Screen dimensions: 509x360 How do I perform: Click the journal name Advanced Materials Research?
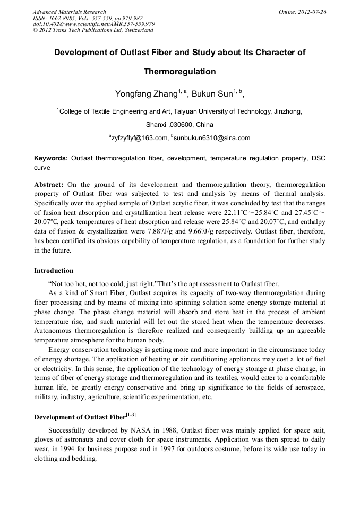click(69, 12)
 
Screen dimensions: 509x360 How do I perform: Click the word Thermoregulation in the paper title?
click(180, 71)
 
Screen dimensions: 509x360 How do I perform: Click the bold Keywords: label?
click(51, 158)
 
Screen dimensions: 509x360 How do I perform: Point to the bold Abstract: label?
click(49, 184)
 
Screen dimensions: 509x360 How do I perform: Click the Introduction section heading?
click(54, 270)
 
